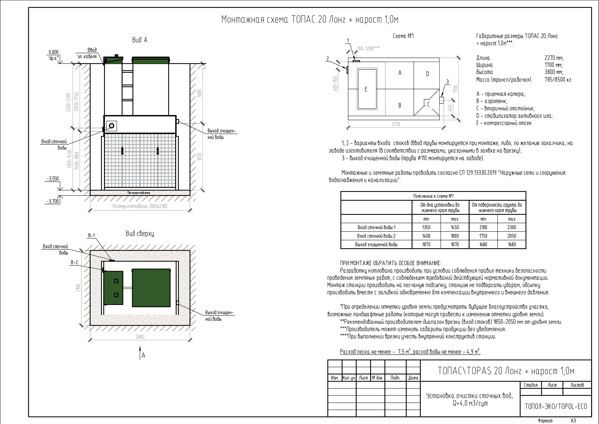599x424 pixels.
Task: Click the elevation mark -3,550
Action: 53,179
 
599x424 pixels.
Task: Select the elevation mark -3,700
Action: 53,201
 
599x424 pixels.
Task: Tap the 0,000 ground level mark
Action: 54,52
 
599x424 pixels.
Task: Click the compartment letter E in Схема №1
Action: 366,89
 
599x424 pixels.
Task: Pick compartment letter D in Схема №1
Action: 427,74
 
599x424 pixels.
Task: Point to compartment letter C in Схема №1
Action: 428,104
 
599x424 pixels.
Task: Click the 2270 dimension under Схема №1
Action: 396,124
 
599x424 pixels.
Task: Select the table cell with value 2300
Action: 511,228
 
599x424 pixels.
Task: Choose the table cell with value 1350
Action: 426,228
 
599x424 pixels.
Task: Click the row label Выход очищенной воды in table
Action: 376,244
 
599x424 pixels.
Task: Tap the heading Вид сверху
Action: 140,234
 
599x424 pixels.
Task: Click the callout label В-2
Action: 74,263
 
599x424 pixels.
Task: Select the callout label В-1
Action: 91,235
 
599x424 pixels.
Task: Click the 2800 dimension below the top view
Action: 140,337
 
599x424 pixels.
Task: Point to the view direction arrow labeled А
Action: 140,352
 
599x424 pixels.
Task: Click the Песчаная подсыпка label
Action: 139,193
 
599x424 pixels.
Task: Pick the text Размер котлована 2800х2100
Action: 140,206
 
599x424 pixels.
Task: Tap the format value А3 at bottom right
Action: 573,421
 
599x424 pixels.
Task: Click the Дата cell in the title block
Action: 413,378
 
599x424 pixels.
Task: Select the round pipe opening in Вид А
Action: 112,126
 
